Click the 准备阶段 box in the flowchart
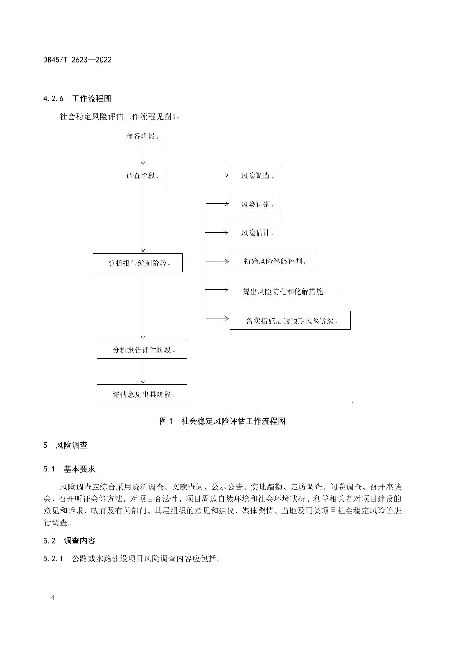(x=140, y=136)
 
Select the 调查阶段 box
(x=140, y=175)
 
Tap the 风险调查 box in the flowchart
(x=255, y=175)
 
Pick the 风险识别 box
(x=255, y=204)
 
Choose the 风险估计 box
(x=255, y=232)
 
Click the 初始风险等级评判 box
(x=273, y=261)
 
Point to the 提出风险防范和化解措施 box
(x=283, y=291)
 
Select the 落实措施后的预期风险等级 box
(x=290, y=320)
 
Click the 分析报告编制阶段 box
(x=137, y=263)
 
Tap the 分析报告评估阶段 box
(x=142, y=349)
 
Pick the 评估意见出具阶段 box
(x=142, y=394)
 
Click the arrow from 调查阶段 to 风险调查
(x=197, y=175)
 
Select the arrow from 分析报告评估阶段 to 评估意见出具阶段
(x=143, y=371)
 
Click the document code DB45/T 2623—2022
(x=77, y=60)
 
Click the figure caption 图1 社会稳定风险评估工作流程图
(x=222, y=421)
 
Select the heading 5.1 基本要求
(x=69, y=469)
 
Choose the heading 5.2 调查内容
(x=69, y=541)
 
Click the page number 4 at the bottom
(x=53, y=597)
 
